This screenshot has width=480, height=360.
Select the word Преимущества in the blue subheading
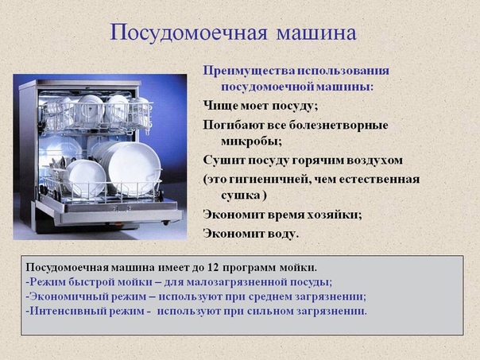coord(249,71)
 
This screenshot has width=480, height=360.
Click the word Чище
coord(220,106)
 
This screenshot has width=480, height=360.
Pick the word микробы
coord(251,141)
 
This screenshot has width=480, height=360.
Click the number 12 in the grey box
coord(213,267)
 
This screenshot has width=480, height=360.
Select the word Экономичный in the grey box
coord(68,296)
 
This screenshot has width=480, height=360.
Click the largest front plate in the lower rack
coord(134,169)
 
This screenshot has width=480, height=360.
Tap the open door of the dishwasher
coord(110,212)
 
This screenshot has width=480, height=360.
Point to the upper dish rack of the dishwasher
coord(97,118)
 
